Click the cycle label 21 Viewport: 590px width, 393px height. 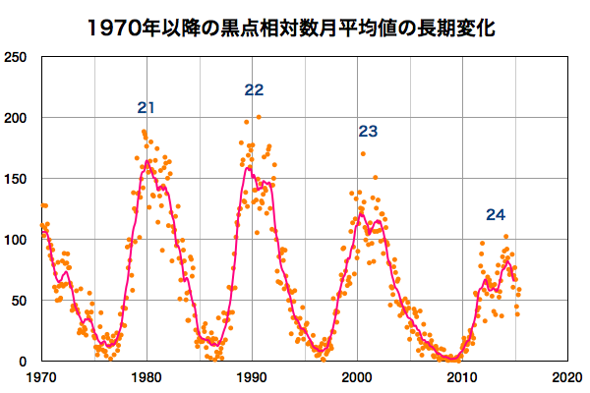(x=147, y=108)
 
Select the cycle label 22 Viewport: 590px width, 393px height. (x=254, y=90)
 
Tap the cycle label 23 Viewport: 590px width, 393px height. (x=368, y=131)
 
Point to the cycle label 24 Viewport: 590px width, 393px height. (x=496, y=215)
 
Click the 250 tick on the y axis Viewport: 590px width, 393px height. (x=16, y=57)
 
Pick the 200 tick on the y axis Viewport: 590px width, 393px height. (x=16, y=118)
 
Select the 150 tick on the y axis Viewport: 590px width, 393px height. (x=16, y=179)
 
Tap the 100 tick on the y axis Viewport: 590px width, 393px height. (x=16, y=240)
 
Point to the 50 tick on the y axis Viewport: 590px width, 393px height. (x=19, y=301)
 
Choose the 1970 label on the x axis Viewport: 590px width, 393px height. (x=41, y=378)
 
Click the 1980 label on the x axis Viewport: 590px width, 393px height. (x=147, y=378)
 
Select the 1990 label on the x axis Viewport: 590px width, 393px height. (x=252, y=378)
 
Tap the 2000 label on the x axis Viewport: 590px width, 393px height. (x=356, y=378)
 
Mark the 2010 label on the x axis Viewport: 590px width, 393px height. (x=461, y=378)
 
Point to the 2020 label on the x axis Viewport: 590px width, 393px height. (x=565, y=378)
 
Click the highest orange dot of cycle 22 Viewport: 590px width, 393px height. (x=259, y=117)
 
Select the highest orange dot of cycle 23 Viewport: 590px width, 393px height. (x=363, y=153)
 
